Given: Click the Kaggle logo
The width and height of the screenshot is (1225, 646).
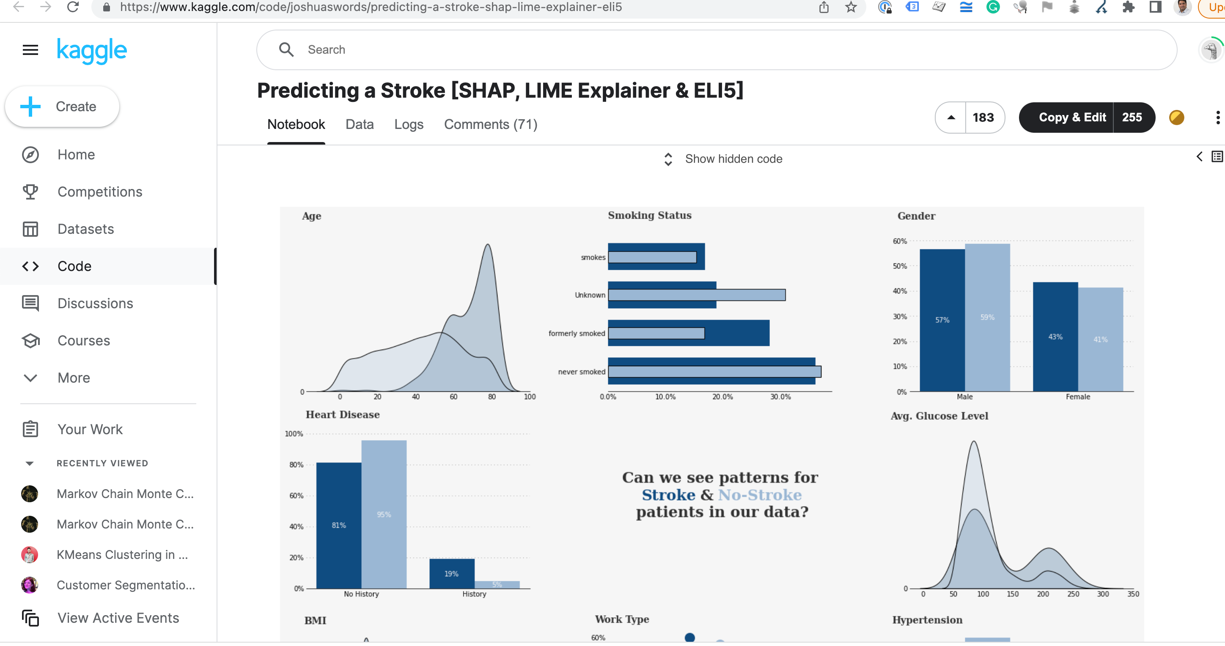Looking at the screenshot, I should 92,50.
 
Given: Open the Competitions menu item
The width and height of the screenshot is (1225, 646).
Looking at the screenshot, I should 99,192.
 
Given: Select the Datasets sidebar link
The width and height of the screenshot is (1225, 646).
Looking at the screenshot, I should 85,230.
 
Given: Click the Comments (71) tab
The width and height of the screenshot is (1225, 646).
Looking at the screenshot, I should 490,125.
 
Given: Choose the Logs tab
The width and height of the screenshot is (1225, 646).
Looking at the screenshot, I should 409,125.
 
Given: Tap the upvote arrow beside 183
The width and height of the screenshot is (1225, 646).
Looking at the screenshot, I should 950,118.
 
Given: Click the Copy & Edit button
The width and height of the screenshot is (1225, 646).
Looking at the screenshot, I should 1072,118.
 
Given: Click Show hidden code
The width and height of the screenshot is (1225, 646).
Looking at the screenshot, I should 733,159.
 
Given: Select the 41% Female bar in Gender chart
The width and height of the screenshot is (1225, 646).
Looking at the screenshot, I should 1100,340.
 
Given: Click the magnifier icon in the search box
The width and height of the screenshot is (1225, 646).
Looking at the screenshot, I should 286,50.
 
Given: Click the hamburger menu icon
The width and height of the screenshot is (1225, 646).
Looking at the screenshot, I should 30,50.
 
